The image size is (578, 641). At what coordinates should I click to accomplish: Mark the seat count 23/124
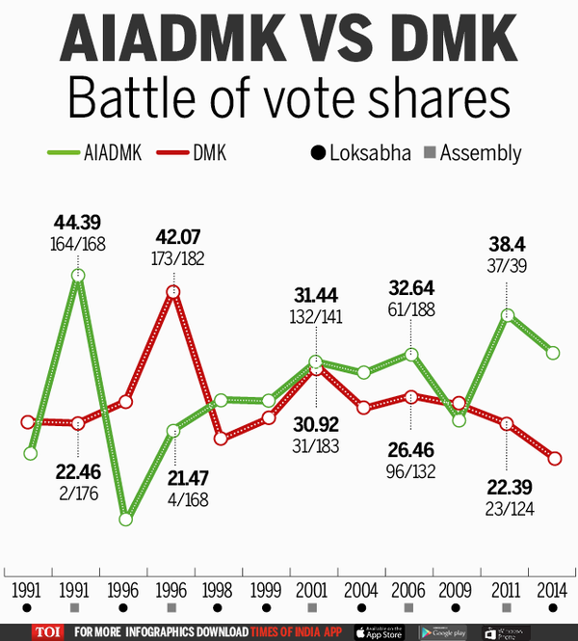506,509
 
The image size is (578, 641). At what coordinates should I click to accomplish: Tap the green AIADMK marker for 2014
553,353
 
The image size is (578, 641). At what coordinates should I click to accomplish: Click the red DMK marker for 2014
553,458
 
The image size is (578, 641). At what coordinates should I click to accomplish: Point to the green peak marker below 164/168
77,276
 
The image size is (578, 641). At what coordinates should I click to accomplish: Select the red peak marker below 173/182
173,291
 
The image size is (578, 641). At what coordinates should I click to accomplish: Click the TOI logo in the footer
44,631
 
